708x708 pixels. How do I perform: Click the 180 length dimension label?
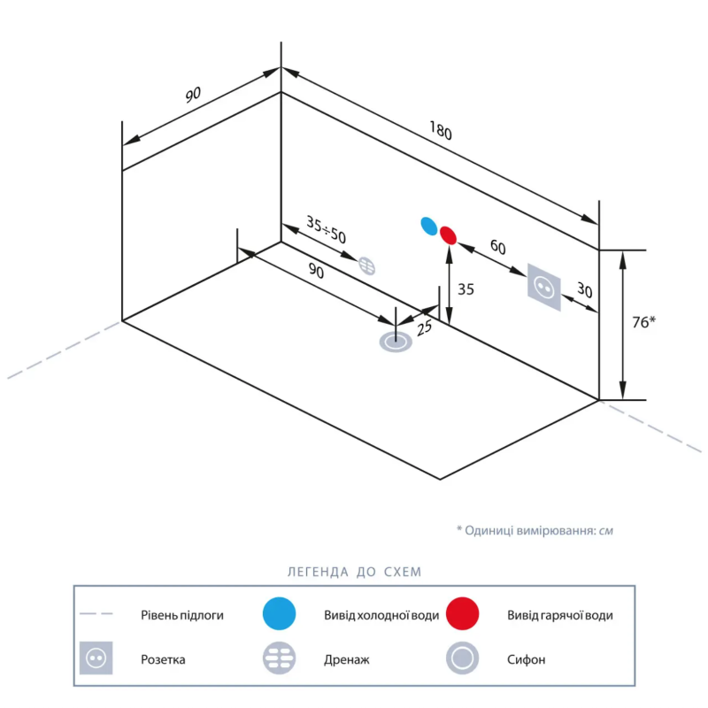[441, 130]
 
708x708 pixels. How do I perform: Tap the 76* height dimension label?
[643, 322]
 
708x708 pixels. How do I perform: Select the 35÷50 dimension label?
[326, 229]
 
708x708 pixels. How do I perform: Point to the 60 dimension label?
[498, 247]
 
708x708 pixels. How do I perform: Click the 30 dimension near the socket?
[585, 290]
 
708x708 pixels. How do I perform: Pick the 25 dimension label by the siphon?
[424, 328]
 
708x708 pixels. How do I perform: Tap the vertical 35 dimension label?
[466, 289]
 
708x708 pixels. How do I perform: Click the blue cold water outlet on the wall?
[429, 227]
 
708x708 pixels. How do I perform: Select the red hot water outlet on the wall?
[449, 235]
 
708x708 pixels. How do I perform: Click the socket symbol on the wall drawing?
[544, 287]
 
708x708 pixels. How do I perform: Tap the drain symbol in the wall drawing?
[366, 265]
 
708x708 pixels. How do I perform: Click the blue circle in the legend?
[279, 613]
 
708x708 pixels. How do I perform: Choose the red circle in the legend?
[462, 613]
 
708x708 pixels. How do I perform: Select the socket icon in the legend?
[96, 658]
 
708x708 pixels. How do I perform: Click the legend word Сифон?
[526, 659]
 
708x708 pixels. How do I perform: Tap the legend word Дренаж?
[346, 659]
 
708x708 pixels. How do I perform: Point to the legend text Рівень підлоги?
[182, 615]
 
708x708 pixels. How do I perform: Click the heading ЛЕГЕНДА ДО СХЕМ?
[355, 572]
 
